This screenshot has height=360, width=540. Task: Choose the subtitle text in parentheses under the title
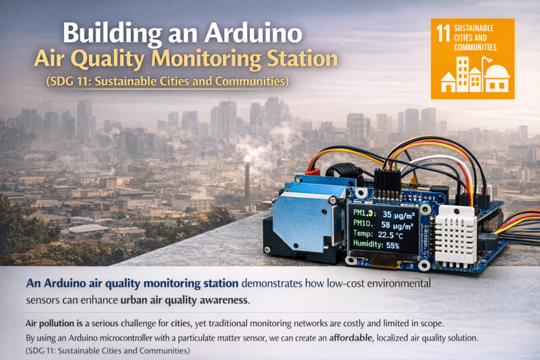click(167, 82)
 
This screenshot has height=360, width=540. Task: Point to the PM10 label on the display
click(363, 225)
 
